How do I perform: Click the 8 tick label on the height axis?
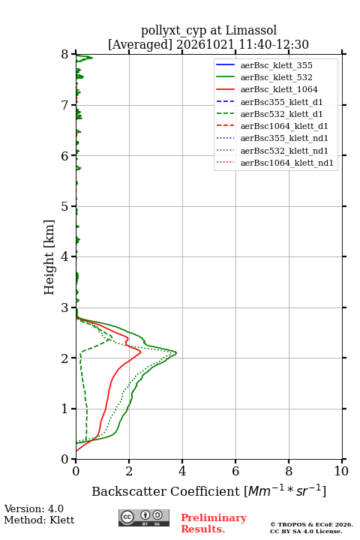coord(65,55)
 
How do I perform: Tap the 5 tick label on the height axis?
coord(65,207)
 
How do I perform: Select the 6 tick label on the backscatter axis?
coord(235,471)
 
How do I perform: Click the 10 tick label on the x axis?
coord(341,471)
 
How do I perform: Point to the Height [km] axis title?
coord(49,257)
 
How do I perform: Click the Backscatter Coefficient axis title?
coord(208,491)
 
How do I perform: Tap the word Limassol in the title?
coord(251,31)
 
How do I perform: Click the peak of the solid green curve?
coord(176,353)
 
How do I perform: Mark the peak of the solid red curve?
coord(140,352)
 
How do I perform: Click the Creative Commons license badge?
coord(144,517)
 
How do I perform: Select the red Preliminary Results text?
coord(214,523)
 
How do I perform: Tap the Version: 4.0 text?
coord(34,508)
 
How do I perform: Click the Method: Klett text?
coord(39,520)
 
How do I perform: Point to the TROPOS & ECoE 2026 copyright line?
coord(311,524)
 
